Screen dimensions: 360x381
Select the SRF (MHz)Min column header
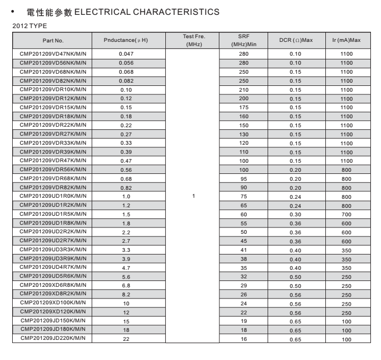coord(244,40)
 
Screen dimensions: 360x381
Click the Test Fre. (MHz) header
coord(193,40)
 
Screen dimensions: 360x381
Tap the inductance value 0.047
coord(126,54)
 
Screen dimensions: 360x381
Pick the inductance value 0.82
coord(126,187)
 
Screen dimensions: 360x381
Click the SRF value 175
coord(244,107)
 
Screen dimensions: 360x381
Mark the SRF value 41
coord(244,250)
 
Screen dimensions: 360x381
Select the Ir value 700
coord(346,214)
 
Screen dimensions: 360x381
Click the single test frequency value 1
coord(193,196)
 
